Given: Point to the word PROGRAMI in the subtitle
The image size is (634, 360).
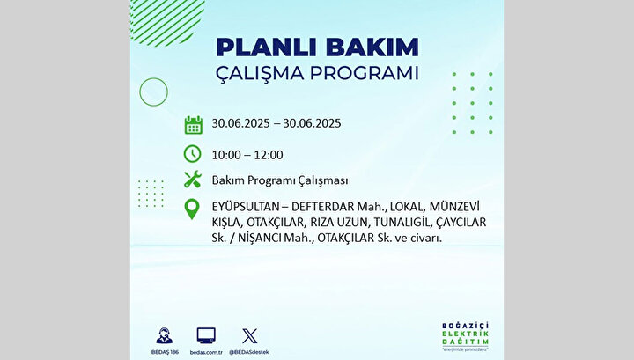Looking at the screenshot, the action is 364,74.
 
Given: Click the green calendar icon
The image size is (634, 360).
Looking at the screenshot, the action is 193,125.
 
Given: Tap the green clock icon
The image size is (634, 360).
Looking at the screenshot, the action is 193,154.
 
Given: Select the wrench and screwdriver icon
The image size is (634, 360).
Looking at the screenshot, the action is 193,180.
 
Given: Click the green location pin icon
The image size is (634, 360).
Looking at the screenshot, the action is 192,209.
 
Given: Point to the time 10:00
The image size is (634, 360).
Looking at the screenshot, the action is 226,155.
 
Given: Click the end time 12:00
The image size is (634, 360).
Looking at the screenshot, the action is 268,155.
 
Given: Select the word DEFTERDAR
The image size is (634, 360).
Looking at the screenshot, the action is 322,207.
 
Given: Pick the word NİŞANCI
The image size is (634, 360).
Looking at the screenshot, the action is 260,238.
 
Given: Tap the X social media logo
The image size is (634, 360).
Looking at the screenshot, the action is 249,336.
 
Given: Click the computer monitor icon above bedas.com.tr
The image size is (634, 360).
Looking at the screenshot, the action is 206,335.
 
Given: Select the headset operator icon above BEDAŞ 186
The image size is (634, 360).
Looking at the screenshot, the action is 164,335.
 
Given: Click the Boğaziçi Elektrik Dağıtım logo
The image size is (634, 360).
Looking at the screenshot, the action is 466,336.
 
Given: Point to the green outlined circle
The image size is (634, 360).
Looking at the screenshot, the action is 139,92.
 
